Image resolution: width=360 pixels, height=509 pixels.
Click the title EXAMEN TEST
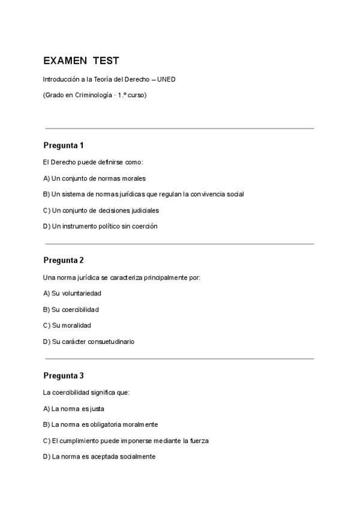(81, 61)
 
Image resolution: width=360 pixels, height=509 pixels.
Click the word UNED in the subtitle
(166, 79)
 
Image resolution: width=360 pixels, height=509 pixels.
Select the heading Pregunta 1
(64, 145)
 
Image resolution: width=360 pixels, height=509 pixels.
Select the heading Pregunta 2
(64, 260)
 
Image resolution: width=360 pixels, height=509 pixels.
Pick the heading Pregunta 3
(64, 376)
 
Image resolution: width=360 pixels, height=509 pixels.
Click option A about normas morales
(95, 178)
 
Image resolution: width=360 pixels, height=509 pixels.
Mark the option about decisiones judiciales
(101, 211)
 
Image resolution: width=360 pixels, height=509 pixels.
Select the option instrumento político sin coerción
(100, 226)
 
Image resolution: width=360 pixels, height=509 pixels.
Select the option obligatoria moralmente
(100, 424)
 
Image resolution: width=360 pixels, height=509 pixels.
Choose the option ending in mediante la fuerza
(126, 441)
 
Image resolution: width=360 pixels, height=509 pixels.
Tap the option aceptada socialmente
(99, 456)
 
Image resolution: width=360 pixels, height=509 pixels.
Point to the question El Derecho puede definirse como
(93, 162)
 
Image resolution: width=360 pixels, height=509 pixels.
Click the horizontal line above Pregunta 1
(179, 128)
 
